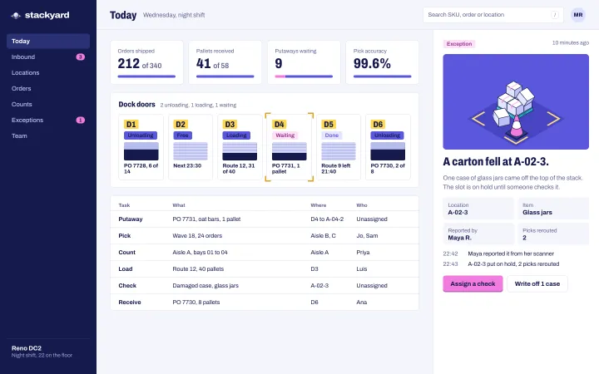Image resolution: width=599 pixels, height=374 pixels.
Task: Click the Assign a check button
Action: coord(473,283)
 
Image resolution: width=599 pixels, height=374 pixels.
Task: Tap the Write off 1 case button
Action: coord(537,283)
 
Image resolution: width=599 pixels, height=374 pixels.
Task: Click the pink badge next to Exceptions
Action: coord(80,120)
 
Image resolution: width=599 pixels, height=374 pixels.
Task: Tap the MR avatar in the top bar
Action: coord(578,15)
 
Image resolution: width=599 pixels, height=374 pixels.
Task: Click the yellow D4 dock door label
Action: coord(280,125)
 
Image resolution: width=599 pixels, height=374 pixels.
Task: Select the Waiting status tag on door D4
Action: coord(285,135)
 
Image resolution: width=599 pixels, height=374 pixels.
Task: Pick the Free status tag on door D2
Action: coord(182,135)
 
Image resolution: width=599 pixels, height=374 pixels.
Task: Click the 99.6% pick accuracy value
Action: coord(372,63)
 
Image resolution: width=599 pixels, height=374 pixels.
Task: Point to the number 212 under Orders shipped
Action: coord(128,63)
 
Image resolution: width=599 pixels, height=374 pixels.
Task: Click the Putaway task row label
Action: coord(131,219)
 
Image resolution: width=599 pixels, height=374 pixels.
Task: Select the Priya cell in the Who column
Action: coord(363,253)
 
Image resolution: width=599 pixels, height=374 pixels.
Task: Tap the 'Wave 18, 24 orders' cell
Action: coord(197,236)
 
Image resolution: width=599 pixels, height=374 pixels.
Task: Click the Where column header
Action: coord(318,205)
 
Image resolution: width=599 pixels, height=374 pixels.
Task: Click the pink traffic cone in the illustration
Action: coord(516,126)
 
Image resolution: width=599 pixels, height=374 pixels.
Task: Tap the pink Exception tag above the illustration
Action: coord(459,44)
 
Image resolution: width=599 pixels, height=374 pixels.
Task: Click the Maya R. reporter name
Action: coord(459,238)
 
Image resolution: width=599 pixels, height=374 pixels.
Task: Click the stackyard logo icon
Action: coord(16,15)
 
